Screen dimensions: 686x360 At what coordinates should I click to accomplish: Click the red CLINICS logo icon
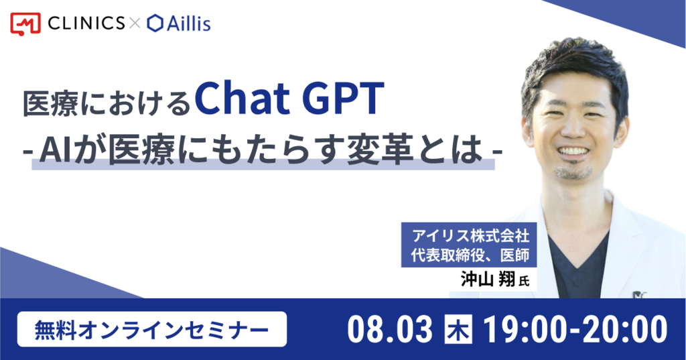click(x=25, y=23)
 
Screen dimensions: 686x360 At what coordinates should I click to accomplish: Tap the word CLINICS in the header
click(x=86, y=23)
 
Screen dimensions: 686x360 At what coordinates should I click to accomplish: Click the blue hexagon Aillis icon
click(x=155, y=23)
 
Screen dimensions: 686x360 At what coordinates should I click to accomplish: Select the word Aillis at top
click(x=188, y=23)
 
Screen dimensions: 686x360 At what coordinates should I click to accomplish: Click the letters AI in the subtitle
click(x=55, y=152)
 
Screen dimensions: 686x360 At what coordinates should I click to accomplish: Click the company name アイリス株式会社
click(x=471, y=235)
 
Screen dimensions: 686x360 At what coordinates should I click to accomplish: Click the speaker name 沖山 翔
click(x=488, y=279)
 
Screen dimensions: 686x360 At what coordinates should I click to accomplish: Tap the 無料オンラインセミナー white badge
click(x=152, y=329)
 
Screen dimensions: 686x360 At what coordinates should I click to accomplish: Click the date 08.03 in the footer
click(x=390, y=330)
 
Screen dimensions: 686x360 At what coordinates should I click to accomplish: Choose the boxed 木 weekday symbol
click(x=458, y=329)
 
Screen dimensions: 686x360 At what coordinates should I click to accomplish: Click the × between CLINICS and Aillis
click(x=135, y=23)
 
